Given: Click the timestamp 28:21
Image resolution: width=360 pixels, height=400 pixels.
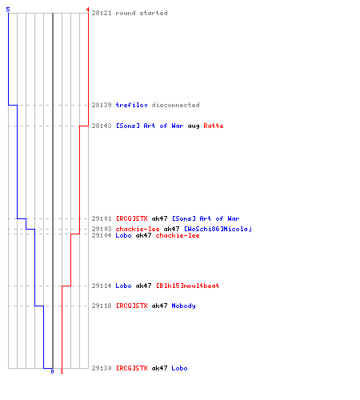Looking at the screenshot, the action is tap(102, 13).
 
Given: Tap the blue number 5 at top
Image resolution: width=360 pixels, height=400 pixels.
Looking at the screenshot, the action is tap(8, 10).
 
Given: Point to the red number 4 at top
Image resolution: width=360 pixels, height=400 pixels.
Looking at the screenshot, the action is tap(88, 10).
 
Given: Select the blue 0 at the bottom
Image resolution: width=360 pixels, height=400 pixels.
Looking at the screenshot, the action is tap(52, 371).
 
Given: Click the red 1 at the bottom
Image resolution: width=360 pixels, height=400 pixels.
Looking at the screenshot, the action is tap(62, 371).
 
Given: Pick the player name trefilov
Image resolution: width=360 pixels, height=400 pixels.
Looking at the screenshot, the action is tap(131, 105).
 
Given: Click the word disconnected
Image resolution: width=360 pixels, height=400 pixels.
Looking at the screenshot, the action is tap(175, 105).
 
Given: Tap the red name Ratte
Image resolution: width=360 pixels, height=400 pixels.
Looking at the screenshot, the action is tap(214, 126).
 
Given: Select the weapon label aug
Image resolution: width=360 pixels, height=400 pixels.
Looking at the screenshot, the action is tap(194, 126).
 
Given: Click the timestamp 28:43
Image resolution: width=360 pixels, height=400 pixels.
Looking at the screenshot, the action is tap(102, 126).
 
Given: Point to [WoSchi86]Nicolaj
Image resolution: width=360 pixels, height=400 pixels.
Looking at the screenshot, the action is tap(218, 229).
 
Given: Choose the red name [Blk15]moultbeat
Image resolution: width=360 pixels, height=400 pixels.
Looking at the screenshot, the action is tap(187, 286).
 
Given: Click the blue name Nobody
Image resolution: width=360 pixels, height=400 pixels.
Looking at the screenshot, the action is tap(183, 306).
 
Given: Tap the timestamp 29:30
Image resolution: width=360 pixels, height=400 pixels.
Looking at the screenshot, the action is tap(102, 368).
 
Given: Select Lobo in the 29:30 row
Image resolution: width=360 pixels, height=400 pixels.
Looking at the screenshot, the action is tap(179, 368).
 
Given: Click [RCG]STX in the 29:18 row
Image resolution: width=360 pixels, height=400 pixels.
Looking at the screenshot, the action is tap(131, 306).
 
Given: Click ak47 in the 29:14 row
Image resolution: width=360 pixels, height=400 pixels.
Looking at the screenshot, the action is tap(143, 286).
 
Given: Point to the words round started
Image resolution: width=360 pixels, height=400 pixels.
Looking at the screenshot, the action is tap(142, 13).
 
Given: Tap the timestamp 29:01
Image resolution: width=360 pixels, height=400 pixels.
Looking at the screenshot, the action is tap(102, 218).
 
